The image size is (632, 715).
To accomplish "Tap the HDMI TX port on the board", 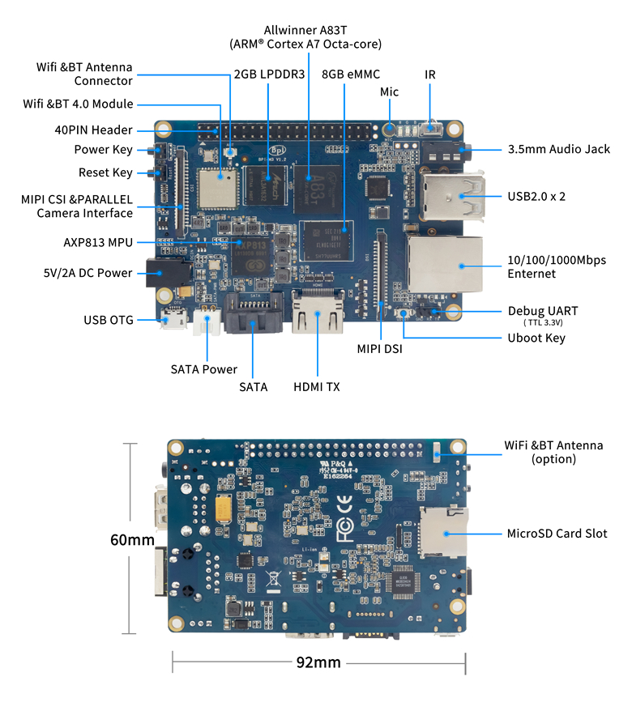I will pos(318,314).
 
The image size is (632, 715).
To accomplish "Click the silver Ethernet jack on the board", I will pos(446,264).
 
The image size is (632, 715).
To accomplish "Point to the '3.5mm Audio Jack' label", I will pos(559,149).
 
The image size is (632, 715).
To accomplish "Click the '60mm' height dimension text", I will pos(132,539).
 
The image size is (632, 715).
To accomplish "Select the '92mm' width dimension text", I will pos(318,662).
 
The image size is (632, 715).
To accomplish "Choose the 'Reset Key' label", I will pos(105,172).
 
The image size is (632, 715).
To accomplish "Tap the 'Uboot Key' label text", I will pos(536,338).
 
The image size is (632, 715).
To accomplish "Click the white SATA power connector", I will pos(207,324).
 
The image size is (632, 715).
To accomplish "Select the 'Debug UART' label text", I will pos(542,311).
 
